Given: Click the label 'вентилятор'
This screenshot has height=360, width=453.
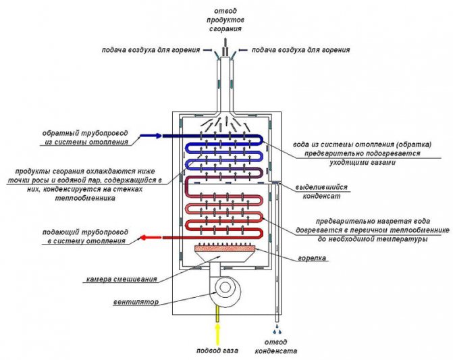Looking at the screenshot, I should (x=137, y=302).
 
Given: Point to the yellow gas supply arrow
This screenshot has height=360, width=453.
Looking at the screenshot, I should (x=217, y=327).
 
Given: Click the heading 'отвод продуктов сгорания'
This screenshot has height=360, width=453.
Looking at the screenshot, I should (x=225, y=20).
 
